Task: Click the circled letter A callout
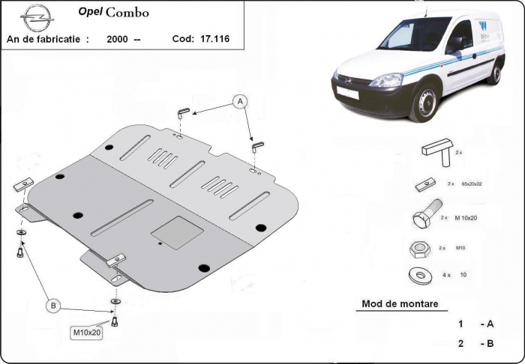[240, 100]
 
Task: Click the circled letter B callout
[53, 305]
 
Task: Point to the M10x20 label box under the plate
[86, 333]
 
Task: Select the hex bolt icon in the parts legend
[424, 219]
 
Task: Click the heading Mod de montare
[399, 304]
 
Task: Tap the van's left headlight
[385, 80]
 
